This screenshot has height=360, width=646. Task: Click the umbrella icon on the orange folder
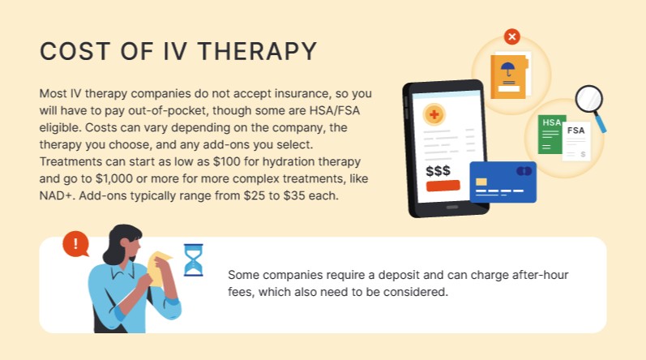508,71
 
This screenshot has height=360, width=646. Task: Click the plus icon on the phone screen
434,115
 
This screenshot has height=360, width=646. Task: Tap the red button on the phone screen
443,186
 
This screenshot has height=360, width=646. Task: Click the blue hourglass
193,260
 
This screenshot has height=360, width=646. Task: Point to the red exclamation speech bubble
75,242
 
